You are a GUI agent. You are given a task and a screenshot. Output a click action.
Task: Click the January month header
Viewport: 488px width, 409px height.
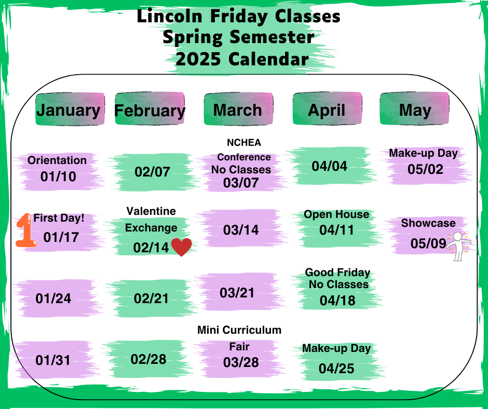coord(70,109)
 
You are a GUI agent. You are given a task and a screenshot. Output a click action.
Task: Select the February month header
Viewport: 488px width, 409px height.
coord(150,109)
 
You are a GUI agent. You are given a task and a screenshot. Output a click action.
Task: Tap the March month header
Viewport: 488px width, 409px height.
coord(238,109)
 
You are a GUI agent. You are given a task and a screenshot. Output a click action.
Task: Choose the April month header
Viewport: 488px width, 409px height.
coord(327,109)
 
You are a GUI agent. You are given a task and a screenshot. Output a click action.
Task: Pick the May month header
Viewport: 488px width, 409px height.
coord(415,109)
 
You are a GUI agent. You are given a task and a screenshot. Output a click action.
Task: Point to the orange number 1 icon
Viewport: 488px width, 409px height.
coord(26,230)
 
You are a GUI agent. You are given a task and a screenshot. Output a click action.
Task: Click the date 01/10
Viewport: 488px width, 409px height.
coord(58,176)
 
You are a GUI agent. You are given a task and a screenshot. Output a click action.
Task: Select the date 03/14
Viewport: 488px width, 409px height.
coord(241,230)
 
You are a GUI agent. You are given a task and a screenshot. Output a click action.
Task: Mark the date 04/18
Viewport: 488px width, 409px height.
coord(337,301)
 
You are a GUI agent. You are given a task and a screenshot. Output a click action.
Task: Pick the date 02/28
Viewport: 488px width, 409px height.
coord(148,359)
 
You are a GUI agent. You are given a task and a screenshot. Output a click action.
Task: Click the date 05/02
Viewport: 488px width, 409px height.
coord(426,169)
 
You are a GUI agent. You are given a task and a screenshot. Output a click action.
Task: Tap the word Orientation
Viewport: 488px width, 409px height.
coord(57,160)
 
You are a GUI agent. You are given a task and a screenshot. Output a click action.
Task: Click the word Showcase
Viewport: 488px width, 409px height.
coord(428,223)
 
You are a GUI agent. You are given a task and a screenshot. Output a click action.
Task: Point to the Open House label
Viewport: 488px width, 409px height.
coord(336,214)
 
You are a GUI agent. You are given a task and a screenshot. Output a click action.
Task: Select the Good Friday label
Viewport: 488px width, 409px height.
coord(337,272)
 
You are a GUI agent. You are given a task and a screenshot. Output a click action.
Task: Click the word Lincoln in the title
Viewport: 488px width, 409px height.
coord(170,16)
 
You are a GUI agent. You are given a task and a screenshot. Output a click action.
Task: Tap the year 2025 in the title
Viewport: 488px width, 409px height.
coord(198,59)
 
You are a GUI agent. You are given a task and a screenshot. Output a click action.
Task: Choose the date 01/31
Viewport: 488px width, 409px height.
coord(53,360)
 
